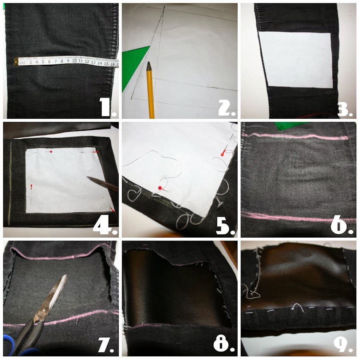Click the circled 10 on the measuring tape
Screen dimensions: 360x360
pyautogui.click(x=74, y=61)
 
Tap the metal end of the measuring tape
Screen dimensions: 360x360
pyautogui.click(x=16, y=62)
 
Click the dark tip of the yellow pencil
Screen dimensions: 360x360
pyautogui.click(x=149, y=66)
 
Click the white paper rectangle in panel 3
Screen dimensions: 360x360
pyautogui.click(x=296, y=60)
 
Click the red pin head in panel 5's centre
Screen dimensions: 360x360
pyautogui.click(x=160, y=188)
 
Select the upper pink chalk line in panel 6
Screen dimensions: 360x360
pyautogui.click(x=296, y=137)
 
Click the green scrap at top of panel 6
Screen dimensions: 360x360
pyautogui.click(x=290, y=126)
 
